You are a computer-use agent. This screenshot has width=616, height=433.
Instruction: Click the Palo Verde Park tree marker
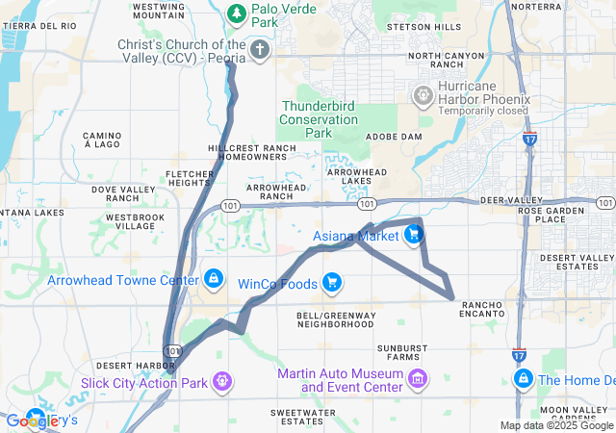237,13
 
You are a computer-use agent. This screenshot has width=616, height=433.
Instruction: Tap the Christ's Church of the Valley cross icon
259,48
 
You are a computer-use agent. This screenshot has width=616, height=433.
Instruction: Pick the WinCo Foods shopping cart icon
332,282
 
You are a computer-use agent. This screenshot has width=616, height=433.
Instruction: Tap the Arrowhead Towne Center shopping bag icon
213,279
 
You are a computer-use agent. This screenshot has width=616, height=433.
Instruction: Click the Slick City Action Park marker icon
223,381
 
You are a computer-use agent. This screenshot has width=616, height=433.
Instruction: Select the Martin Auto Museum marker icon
418,379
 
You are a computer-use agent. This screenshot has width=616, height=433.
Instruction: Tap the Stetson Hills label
423,28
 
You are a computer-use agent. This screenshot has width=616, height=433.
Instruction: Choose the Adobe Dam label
395,137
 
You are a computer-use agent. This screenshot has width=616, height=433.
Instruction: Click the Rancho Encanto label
481,308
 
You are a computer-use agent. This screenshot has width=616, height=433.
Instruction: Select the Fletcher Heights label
189,178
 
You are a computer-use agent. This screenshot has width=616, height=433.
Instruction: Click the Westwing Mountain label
159,11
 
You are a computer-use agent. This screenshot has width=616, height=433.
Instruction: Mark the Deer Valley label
504,200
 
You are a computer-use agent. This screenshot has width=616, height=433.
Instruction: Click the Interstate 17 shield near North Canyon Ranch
530,140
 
